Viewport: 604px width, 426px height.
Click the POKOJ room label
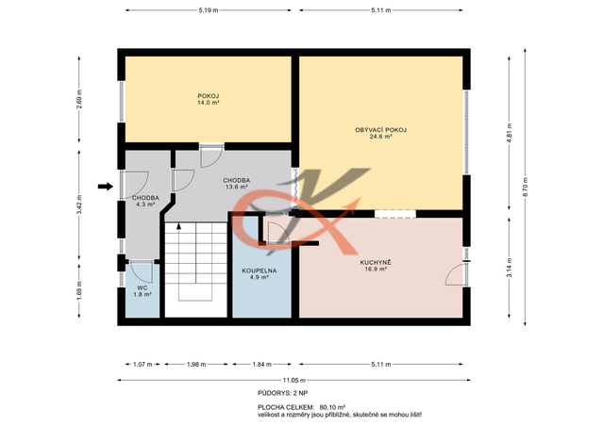point(209,96)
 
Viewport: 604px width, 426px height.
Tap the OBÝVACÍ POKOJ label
point(380,130)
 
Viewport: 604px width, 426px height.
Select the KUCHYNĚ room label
point(376,262)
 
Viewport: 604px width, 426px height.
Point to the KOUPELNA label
point(260,270)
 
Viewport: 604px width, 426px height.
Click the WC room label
point(143,287)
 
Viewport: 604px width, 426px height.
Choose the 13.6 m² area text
point(237,187)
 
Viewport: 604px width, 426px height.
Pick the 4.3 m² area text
point(145,205)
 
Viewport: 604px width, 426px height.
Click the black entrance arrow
point(105,187)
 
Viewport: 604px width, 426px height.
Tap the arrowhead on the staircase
point(178,226)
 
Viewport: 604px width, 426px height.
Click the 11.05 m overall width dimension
point(294,380)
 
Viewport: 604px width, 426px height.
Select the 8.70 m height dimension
point(525,187)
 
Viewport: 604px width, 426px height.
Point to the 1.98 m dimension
point(196,364)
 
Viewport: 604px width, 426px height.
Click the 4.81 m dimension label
point(510,133)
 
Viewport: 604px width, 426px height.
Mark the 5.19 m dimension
point(209,10)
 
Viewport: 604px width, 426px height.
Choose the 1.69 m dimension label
point(79,290)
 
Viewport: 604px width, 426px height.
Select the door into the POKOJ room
point(211,156)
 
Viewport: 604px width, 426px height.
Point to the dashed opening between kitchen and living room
point(395,214)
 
